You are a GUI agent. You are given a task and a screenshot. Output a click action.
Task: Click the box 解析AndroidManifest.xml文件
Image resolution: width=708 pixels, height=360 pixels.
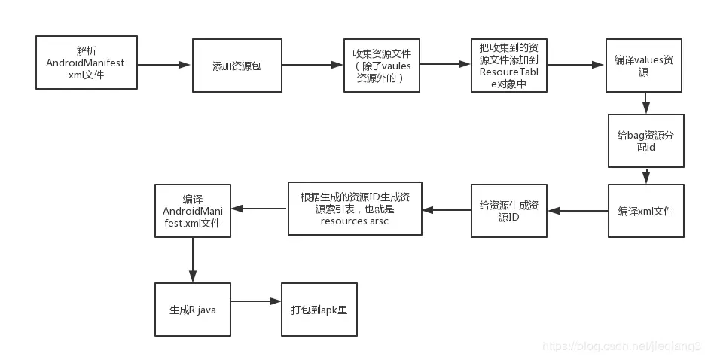(x=87, y=63)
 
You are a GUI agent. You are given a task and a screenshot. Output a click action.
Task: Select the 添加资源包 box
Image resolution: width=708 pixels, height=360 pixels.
(x=237, y=66)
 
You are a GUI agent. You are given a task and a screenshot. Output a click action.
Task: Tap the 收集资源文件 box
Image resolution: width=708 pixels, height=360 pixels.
(x=381, y=66)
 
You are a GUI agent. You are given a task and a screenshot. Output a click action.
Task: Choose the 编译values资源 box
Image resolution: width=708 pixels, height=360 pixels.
(x=644, y=66)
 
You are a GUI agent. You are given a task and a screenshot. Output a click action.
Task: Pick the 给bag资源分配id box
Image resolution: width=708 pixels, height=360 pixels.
(x=645, y=141)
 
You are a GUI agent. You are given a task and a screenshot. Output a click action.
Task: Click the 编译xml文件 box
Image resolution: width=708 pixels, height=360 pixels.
(x=645, y=211)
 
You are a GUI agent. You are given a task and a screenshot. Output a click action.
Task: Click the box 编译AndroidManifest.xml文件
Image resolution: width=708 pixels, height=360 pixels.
(x=192, y=210)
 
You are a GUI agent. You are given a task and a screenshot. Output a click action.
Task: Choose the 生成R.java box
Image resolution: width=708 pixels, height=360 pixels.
(x=192, y=310)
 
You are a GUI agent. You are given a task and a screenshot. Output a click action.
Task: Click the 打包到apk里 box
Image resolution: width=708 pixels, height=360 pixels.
(x=319, y=310)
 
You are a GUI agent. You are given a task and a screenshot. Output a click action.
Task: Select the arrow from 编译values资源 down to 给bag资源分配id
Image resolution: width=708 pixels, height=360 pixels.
(x=645, y=103)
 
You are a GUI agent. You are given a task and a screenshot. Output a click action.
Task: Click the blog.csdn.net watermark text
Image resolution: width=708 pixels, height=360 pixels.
(x=621, y=346)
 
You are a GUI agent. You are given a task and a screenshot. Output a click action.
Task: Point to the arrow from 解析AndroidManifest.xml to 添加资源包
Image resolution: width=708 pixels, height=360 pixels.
(x=164, y=66)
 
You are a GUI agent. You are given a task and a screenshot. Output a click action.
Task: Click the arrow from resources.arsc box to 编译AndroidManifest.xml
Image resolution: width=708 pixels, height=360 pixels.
(x=258, y=206)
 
